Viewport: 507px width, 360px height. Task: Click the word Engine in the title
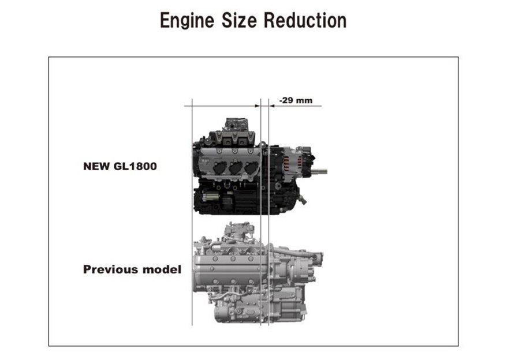(187, 21)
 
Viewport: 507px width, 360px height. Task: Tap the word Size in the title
(239, 20)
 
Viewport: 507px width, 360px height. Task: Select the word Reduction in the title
(305, 20)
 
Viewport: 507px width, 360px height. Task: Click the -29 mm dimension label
(296, 100)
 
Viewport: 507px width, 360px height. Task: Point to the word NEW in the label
(96, 166)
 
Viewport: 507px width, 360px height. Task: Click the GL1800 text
(135, 166)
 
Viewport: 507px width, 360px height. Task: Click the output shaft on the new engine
(319, 171)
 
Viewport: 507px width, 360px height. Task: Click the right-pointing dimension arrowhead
(258, 106)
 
